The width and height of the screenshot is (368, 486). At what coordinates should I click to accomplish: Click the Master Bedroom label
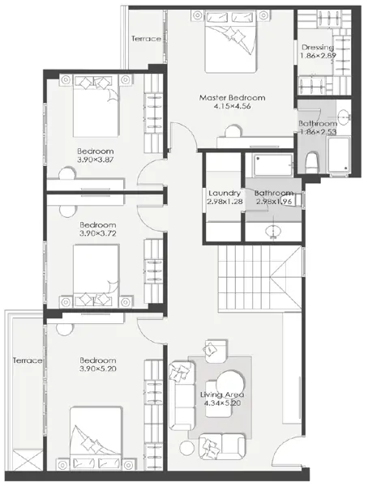point(232,98)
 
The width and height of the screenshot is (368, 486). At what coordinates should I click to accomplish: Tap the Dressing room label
point(318,48)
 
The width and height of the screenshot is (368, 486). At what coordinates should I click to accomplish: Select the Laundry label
point(225,193)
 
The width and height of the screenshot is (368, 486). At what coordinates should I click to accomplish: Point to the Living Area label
point(222,394)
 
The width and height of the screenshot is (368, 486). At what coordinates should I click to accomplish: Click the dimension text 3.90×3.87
point(96,160)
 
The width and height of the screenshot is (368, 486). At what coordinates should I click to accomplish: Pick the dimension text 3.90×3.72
point(98,233)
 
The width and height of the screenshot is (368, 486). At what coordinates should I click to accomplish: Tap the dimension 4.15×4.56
point(232,106)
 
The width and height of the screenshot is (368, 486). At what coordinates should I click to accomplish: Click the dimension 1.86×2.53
point(318,132)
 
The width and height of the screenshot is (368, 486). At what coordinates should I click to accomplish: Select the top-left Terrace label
point(146,39)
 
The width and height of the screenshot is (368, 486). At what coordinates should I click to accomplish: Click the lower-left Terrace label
point(28,360)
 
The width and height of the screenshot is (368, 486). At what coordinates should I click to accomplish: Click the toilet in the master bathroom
point(312,162)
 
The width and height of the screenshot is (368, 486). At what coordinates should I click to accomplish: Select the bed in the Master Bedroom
point(231,41)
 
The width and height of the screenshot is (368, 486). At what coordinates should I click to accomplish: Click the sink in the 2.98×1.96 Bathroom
point(273,231)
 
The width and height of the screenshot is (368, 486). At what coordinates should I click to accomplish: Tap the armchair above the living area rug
point(216,351)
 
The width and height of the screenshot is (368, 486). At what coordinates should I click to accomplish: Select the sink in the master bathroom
point(344,117)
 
